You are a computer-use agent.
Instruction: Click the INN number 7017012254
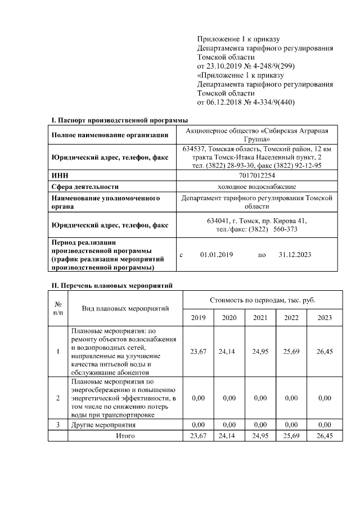click(x=260, y=175)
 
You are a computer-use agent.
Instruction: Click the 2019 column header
click(x=198, y=318)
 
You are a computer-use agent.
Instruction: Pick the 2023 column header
click(x=325, y=318)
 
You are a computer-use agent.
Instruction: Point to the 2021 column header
click(x=260, y=318)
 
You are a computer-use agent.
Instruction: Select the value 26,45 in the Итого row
click(x=325, y=435)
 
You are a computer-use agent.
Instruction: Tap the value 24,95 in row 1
click(x=260, y=352)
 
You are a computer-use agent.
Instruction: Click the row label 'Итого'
click(x=125, y=435)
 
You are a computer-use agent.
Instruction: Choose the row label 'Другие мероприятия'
click(x=103, y=425)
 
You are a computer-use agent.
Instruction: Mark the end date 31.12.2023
click(x=295, y=255)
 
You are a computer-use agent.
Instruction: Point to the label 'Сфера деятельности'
click(x=85, y=187)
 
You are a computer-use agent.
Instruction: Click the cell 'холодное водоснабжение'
click(x=260, y=187)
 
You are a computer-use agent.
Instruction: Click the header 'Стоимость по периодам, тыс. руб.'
click(x=262, y=300)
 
